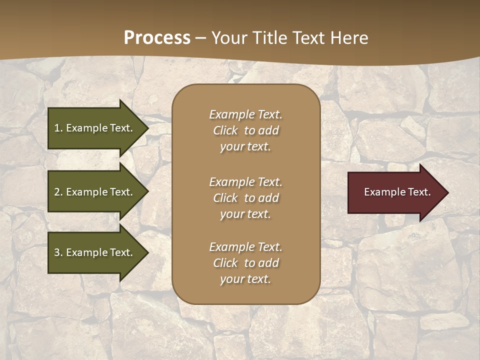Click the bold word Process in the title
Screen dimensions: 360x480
point(157,38)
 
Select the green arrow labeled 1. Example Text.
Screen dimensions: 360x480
point(95,128)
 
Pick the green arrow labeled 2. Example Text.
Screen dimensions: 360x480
point(95,192)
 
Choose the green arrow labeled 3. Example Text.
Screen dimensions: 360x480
point(95,252)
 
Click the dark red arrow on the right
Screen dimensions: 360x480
point(395,192)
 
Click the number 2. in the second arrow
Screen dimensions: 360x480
point(58,192)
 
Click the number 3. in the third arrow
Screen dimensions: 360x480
point(58,252)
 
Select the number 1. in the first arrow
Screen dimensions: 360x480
point(58,128)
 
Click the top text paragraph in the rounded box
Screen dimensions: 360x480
point(245,130)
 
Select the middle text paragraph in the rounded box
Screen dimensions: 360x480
point(245,198)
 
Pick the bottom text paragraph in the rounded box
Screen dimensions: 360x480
point(245,263)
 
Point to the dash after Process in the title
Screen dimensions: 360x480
point(200,38)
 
